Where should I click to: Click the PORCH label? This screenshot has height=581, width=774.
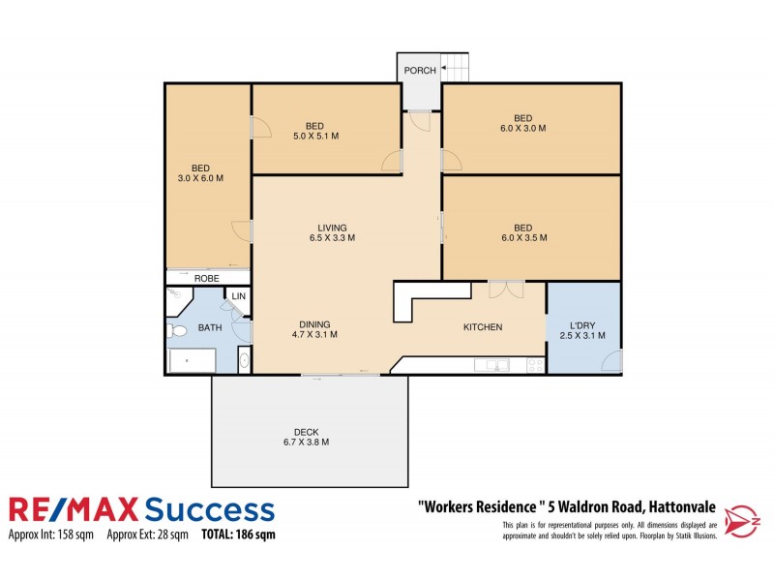click(420, 71)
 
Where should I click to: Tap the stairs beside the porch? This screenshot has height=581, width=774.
click(454, 68)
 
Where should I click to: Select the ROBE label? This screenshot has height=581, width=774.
click(206, 279)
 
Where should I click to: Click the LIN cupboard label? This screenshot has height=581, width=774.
click(238, 296)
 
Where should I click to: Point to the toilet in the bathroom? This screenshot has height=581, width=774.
click(177, 330)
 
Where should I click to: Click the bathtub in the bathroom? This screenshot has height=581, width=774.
click(192, 360)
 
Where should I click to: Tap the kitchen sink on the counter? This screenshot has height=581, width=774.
click(491, 365)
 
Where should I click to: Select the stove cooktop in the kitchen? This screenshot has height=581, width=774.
click(535, 365)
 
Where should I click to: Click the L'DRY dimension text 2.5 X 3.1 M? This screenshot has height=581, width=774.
click(582, 335)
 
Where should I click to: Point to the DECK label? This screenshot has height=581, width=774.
click(306, 432)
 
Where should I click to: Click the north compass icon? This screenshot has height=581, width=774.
click(742, 521)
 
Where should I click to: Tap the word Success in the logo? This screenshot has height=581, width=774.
click(210, 510)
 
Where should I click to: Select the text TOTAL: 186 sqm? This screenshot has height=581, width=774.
click(238, 535)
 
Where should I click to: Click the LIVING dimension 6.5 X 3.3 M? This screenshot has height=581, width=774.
click(332, 237)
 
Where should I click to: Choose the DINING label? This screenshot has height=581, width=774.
click(314, 324)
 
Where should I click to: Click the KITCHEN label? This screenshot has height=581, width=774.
click(483, 327)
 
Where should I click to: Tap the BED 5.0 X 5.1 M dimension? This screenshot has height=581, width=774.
click(316, 136)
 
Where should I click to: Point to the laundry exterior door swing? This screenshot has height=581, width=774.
click(611, 360)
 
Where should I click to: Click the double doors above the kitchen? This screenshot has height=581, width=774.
click(506, 290)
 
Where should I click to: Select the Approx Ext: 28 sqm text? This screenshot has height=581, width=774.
click(148, 535)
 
